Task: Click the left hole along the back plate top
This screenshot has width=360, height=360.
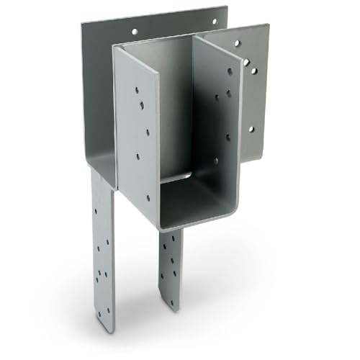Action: click(132, 32)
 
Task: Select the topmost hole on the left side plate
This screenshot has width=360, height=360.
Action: click(137, 91)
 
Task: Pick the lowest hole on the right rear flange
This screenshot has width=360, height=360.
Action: click(251, 130)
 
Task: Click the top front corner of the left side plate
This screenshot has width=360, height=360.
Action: click(115, 49)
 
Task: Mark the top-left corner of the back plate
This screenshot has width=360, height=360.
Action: click(81, 22)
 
